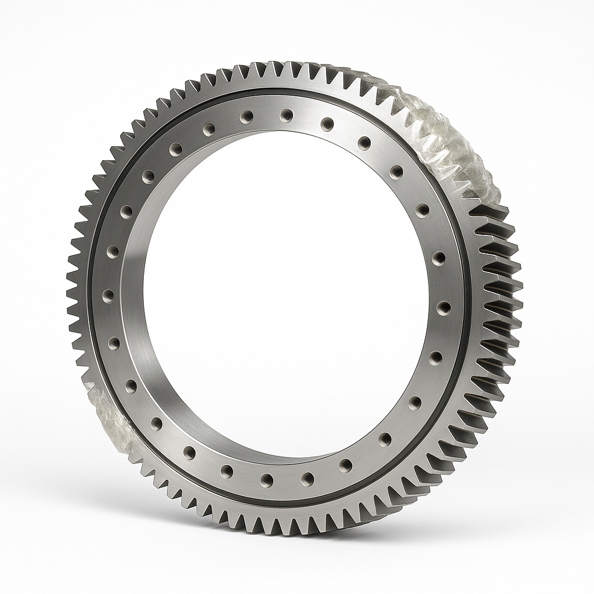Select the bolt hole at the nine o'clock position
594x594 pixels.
[108, 296]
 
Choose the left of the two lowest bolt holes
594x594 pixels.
[267, 479]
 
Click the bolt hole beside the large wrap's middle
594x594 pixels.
[397, 171]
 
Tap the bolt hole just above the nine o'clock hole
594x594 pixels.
[113, 252]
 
